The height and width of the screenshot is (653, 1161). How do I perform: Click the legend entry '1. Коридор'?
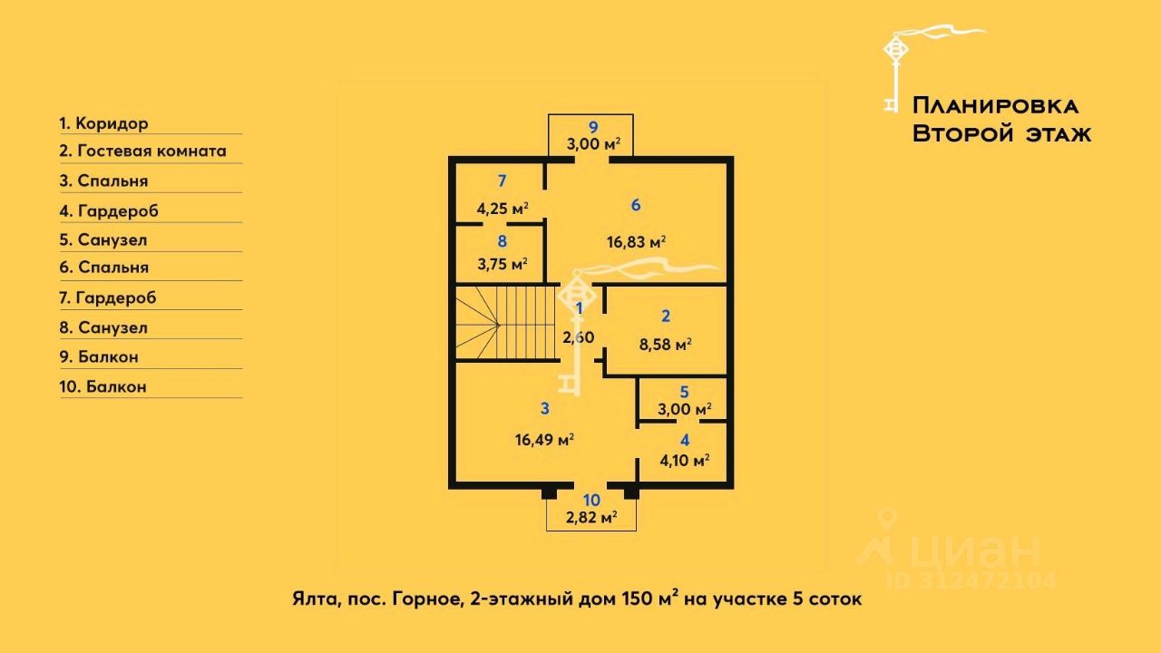[x=103, y=123]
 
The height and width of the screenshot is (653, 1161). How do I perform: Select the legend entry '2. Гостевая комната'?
[x=143, y=151]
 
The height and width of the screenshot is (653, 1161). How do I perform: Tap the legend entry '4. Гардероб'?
[x=109, y=210]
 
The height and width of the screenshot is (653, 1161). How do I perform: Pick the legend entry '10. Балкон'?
[x=103, y=386]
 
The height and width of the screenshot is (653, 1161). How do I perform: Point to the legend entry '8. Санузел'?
[x=103, y=327]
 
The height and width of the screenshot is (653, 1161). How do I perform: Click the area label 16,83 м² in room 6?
[x=636, y=241]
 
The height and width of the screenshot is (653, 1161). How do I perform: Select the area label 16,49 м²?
[x=544, y=440]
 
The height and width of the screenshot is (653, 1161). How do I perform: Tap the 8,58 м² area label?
[x=666, y=345]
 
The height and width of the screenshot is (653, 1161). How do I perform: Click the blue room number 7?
[x=502, y=179]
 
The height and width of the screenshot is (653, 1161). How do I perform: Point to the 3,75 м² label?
[x=502, y=264]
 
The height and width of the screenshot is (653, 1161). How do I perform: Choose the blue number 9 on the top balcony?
[x=593, y=127]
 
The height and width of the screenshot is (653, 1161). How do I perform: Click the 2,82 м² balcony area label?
[x=591, y=518]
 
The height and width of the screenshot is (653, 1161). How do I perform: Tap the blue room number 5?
[x=685, y=393]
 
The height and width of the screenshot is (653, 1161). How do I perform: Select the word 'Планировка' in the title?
[x=994, y=105]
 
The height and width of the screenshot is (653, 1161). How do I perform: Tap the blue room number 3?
[x=544, y=409]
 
